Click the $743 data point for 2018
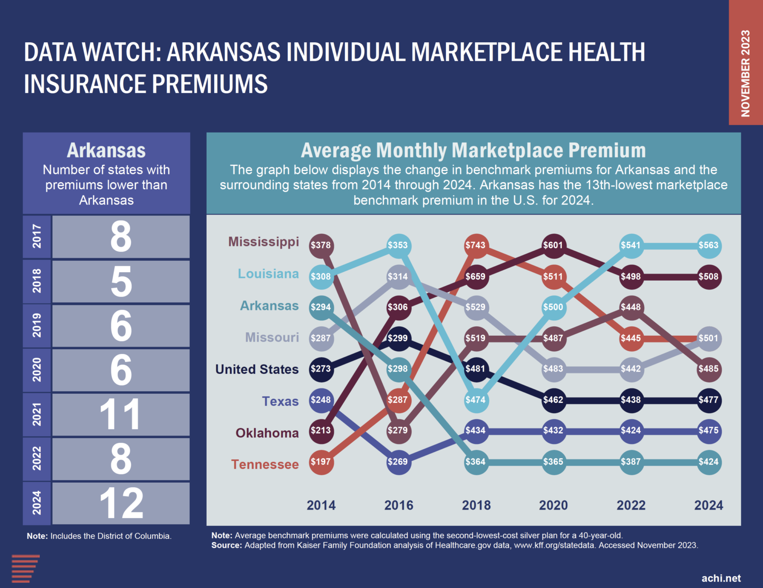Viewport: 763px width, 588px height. click(476, 245)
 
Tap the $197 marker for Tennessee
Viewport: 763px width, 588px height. click(321, 462)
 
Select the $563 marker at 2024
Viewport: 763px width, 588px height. click(708, 245)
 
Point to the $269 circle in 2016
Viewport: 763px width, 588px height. click(398, 462)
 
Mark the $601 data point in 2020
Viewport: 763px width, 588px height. click(553, 245)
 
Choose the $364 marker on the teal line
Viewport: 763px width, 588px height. click(476, 462)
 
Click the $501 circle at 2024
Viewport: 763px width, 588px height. click(708, 338)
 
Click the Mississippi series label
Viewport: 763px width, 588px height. click(263, 242)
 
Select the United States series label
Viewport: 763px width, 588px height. click(257, 369)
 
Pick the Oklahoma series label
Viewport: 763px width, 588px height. click(267, 433)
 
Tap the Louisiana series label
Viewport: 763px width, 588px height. click(268, 274)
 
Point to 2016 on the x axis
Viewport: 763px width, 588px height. click(398, 506)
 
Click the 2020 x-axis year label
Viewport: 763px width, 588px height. click(553, 506)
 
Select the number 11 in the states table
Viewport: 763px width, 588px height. click(120, 415)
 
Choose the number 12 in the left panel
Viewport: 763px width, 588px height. click(121, 504)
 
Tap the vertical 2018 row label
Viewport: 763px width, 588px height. click(37, 281)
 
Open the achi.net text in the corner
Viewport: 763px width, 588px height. click(721, 578)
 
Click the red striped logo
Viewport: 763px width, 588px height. click(25, 569)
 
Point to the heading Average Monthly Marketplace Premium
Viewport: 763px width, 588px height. click(473, 150)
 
